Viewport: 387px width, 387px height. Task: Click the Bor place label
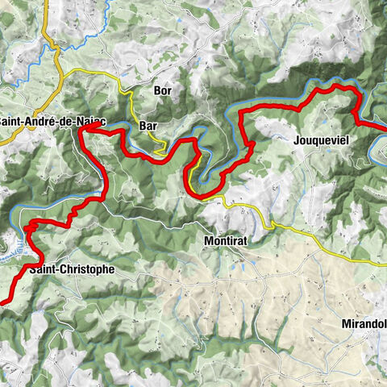click(x=163, y=91)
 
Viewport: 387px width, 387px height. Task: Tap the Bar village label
click(x=148, y=127)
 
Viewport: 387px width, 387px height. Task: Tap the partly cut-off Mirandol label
click(x=365, y=325)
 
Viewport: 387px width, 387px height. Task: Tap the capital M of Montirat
click(x=208, y=241)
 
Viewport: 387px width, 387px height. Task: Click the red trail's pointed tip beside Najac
click(x=81, y=128)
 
